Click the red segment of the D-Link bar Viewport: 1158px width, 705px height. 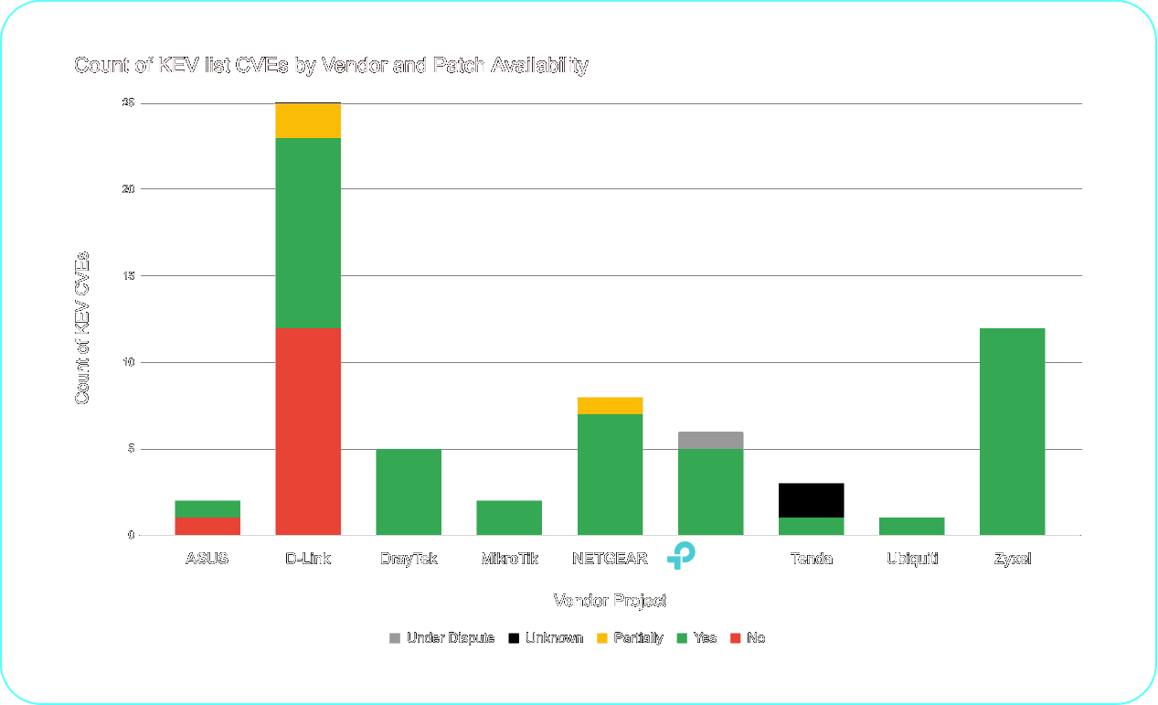[x=308, y=431]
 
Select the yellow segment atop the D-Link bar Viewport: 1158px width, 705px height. [x=308, y=121]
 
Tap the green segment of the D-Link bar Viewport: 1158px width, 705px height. [x=308, y=232]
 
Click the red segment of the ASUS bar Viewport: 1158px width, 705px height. [x=207, y=526]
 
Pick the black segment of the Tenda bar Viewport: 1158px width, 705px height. [x=811, y=500]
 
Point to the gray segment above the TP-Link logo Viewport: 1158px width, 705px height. [x=710, y=440]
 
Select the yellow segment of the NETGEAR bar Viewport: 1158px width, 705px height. [x=610, y=405]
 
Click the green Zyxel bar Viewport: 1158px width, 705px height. [x=1012, y=431]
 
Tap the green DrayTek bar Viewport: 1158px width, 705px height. [x=409, y=491]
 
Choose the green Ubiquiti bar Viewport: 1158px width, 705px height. [x=911, y=526]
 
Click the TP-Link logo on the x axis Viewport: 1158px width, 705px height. [x=682, y=555]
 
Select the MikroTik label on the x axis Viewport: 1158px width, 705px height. [x=509, y=559]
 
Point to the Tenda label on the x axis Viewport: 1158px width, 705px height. [x=811, y=559]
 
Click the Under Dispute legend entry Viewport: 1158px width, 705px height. [x=442, y=638]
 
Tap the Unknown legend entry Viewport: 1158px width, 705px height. [x=547, y=638]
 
